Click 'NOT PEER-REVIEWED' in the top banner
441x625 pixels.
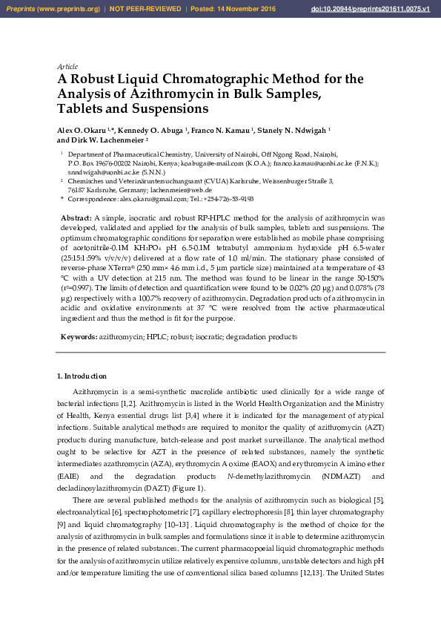point(146,9)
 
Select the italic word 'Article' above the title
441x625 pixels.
point(67,66)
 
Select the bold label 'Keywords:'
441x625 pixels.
point(79,337)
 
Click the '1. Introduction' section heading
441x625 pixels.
point(82,376)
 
